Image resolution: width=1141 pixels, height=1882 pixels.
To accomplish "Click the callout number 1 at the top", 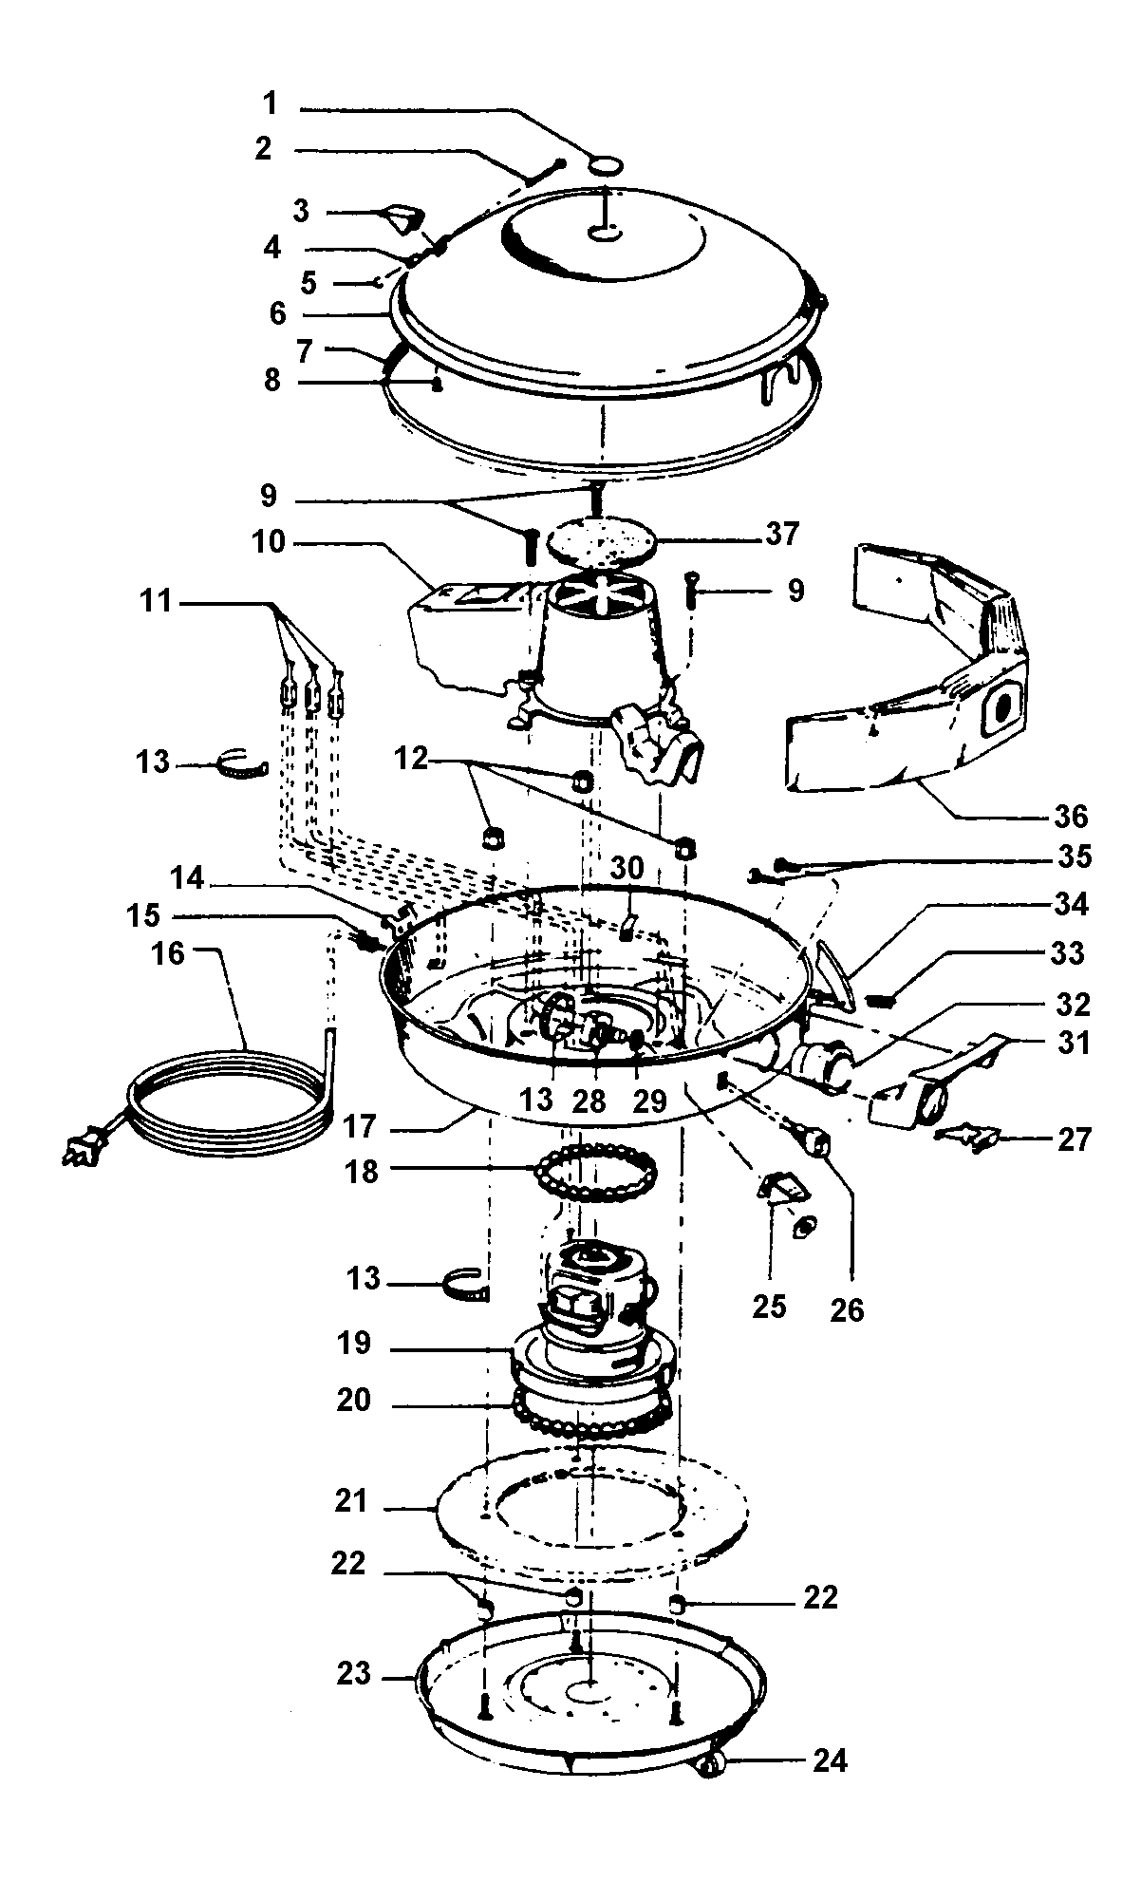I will click(271, 103).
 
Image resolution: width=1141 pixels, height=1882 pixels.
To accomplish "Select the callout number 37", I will click(782, 535).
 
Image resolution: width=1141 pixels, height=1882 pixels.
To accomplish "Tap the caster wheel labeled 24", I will click(707, 1764).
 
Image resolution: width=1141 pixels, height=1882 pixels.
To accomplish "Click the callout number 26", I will click(847, 1311).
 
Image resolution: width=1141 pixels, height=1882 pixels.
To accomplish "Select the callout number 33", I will click(1068, 952).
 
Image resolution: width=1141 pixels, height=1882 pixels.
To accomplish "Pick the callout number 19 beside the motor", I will click(353, 1345).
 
